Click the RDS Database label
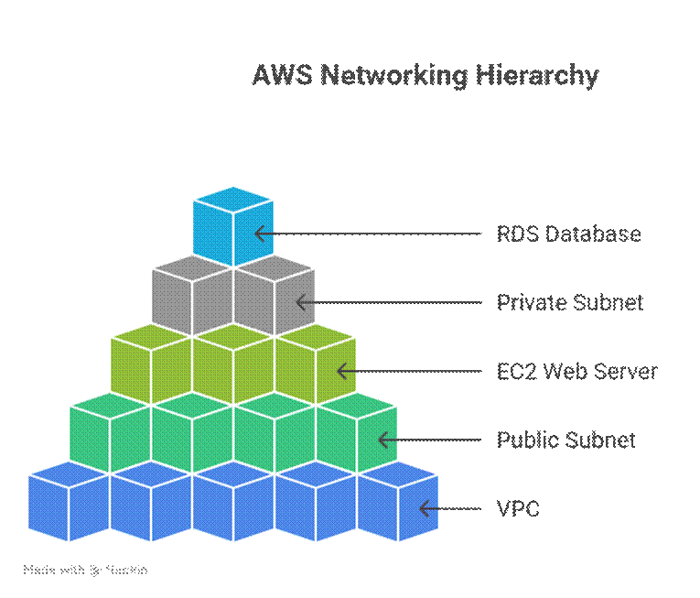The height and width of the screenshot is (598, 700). (568, 234)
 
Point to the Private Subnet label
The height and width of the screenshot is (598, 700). (570, 302)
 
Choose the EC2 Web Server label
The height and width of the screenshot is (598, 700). (576, 371)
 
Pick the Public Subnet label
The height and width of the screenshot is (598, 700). (565, 440)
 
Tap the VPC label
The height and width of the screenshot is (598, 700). (518, 508)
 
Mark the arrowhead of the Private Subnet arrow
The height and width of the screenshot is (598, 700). (299, 302)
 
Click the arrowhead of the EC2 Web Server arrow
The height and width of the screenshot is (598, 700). (340, 371)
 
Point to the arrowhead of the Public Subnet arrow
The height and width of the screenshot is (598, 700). (382, 440)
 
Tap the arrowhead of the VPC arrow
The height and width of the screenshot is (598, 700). (423, 508)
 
